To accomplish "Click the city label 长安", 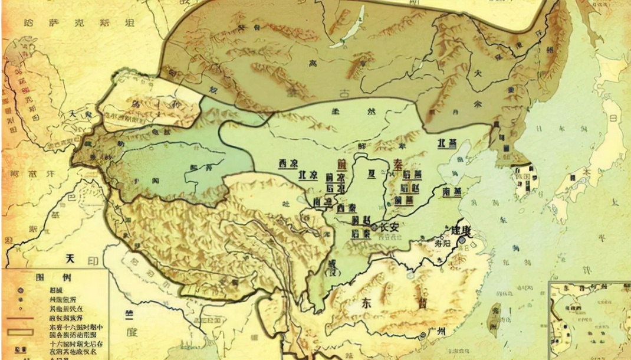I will click(389, 227).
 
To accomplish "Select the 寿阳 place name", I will click(442, 241).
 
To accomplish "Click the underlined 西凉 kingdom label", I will click(289, 163).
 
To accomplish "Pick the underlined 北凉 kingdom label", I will click(308, 175).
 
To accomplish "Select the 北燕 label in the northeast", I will click(448, 143).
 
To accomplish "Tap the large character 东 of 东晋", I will click(366, 303).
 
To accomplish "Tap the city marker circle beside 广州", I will click(423, 335).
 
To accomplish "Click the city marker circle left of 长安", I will click(375, 227).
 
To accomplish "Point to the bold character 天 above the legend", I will click(71, 258).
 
